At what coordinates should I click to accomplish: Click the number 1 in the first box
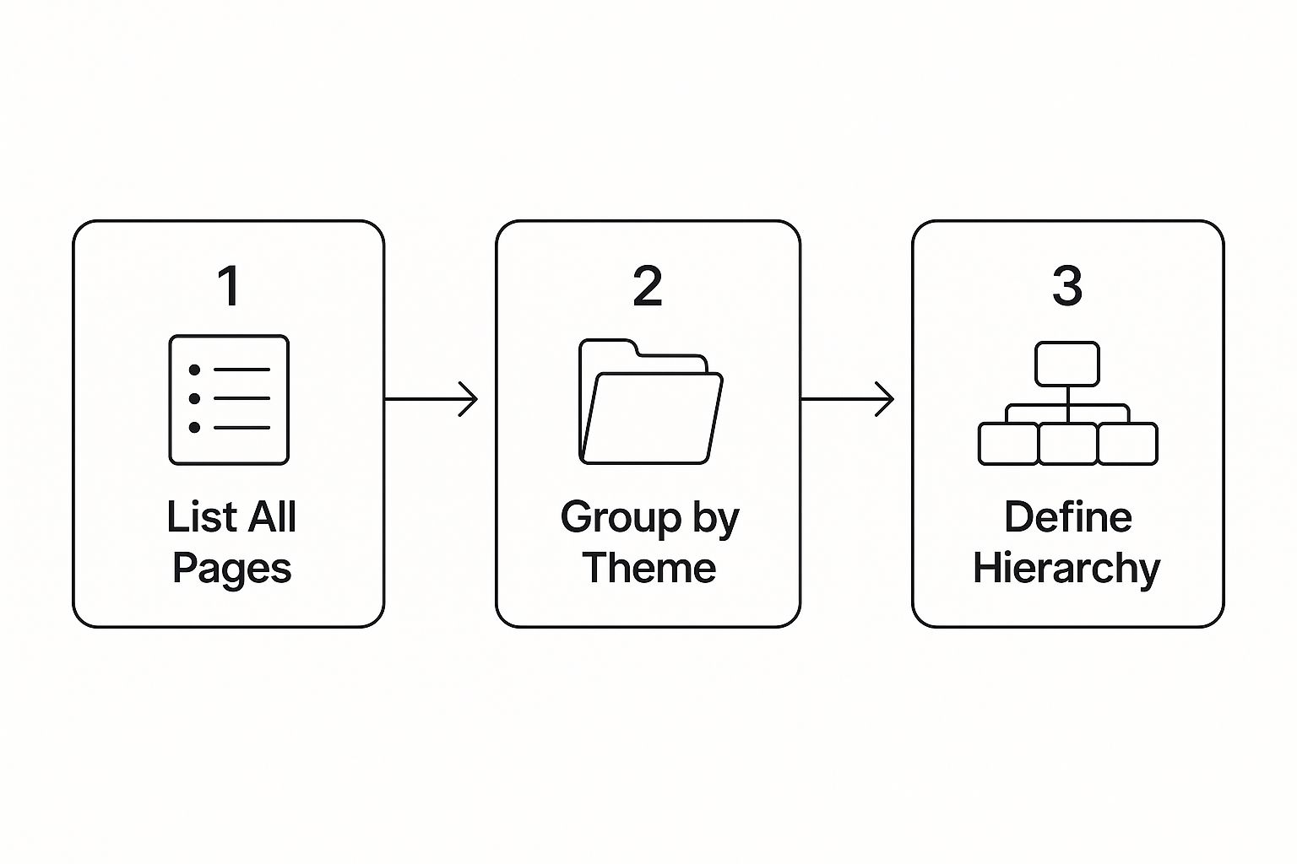click(229, 286)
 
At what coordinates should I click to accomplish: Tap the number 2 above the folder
click(648, 286)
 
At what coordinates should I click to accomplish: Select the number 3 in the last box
click(1067, 286)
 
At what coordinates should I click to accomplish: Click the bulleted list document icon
click(229, 400)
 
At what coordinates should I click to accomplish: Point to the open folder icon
click(649, 402)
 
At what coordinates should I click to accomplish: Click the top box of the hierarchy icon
click(1067, 364)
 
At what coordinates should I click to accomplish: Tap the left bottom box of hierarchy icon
click(1008, 444)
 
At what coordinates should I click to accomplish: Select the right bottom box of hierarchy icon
click(1127, 444)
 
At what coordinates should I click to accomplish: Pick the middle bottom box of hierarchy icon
click(1067, 444)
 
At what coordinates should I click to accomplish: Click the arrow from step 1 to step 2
click(431, 398)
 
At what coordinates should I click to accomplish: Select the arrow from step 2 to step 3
click(847, 398)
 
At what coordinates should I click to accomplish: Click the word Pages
click(231, 569)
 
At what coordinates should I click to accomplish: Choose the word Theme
click(648, 567)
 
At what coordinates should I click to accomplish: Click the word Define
click(1067, 516)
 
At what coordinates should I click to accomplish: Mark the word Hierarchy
click(1066, 569)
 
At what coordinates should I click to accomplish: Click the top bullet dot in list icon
click(194, 370)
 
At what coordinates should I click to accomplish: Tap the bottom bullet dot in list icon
click(194, 428)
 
